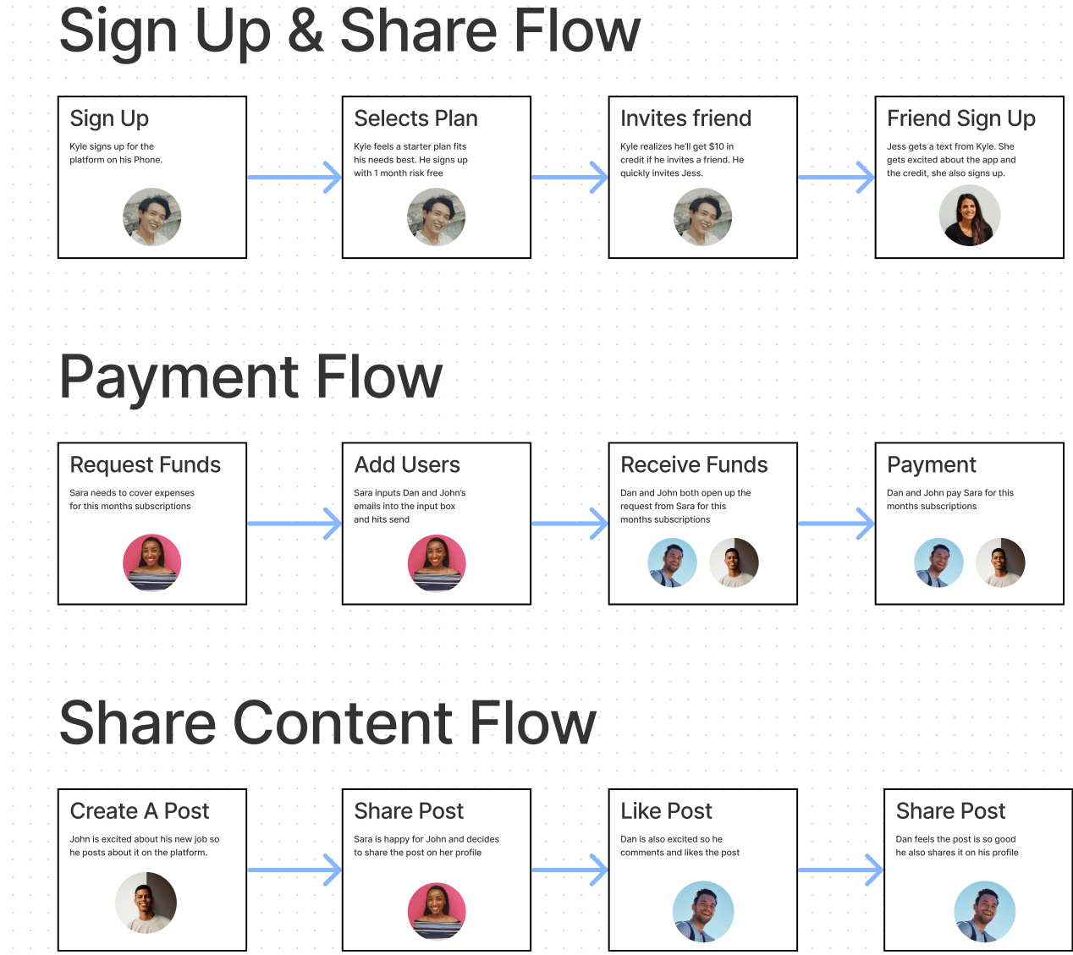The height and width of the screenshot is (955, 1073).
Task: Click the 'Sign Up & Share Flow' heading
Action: click(x=349, y=33)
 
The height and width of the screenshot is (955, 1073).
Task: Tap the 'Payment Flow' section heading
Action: click(x=250, y=378)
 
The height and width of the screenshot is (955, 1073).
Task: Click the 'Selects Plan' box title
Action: click(x=415, y=118)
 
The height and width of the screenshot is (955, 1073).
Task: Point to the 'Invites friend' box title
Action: click(x=685, y=118)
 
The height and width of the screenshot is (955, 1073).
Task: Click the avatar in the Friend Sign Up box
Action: click(x=970, y=216)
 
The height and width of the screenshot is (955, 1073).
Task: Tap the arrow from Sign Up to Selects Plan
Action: click(x=294, y=178)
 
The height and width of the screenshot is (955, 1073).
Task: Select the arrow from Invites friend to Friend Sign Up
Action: click(x=836, y=178)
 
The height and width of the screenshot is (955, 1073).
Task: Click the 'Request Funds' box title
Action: click(x=145, y=464)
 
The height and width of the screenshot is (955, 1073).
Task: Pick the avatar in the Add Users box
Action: click(x=437, y=563)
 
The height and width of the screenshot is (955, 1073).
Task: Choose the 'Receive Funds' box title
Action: click(x=694, y=464)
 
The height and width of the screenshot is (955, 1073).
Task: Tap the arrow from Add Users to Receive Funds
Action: click(x=570, y=524)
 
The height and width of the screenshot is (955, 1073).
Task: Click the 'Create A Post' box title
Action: click(x=140, y=811)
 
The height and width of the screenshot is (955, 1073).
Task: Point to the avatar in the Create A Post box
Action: click(x=146, y=903)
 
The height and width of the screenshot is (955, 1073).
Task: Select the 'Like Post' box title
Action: click(x=666, y=811)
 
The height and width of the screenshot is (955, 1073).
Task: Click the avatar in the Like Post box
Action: click(x=703, y=912)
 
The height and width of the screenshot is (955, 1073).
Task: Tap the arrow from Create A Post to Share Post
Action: click(x=294, y=870)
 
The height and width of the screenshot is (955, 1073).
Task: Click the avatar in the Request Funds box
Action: click(x=152, y=563)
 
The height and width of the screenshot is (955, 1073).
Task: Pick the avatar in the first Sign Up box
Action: click(x=152, y=217)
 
